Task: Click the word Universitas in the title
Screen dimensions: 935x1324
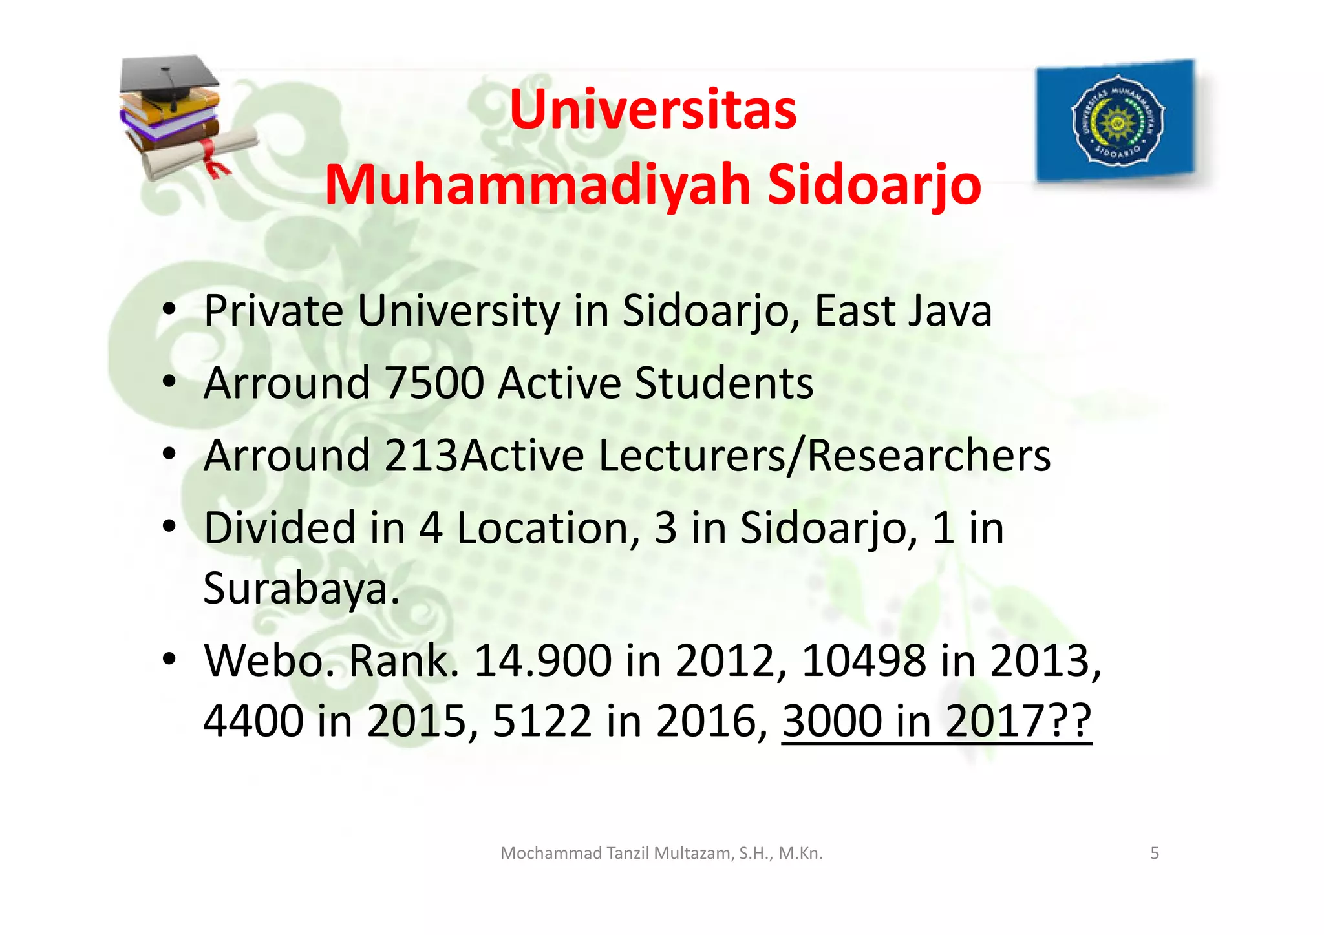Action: click(653, 110)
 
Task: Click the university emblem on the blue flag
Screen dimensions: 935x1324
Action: click(1117, 121)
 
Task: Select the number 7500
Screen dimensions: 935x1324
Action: click(434, 383)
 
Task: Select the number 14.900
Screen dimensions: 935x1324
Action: click(542, 661)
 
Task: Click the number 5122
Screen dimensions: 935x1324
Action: click(542, 721)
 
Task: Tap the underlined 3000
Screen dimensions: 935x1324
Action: click(832, 721)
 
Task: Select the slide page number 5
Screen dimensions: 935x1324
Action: click(1155, 854)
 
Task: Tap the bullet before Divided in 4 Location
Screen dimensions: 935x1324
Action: click(169, 527)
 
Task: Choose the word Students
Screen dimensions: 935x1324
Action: click(723, 383)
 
